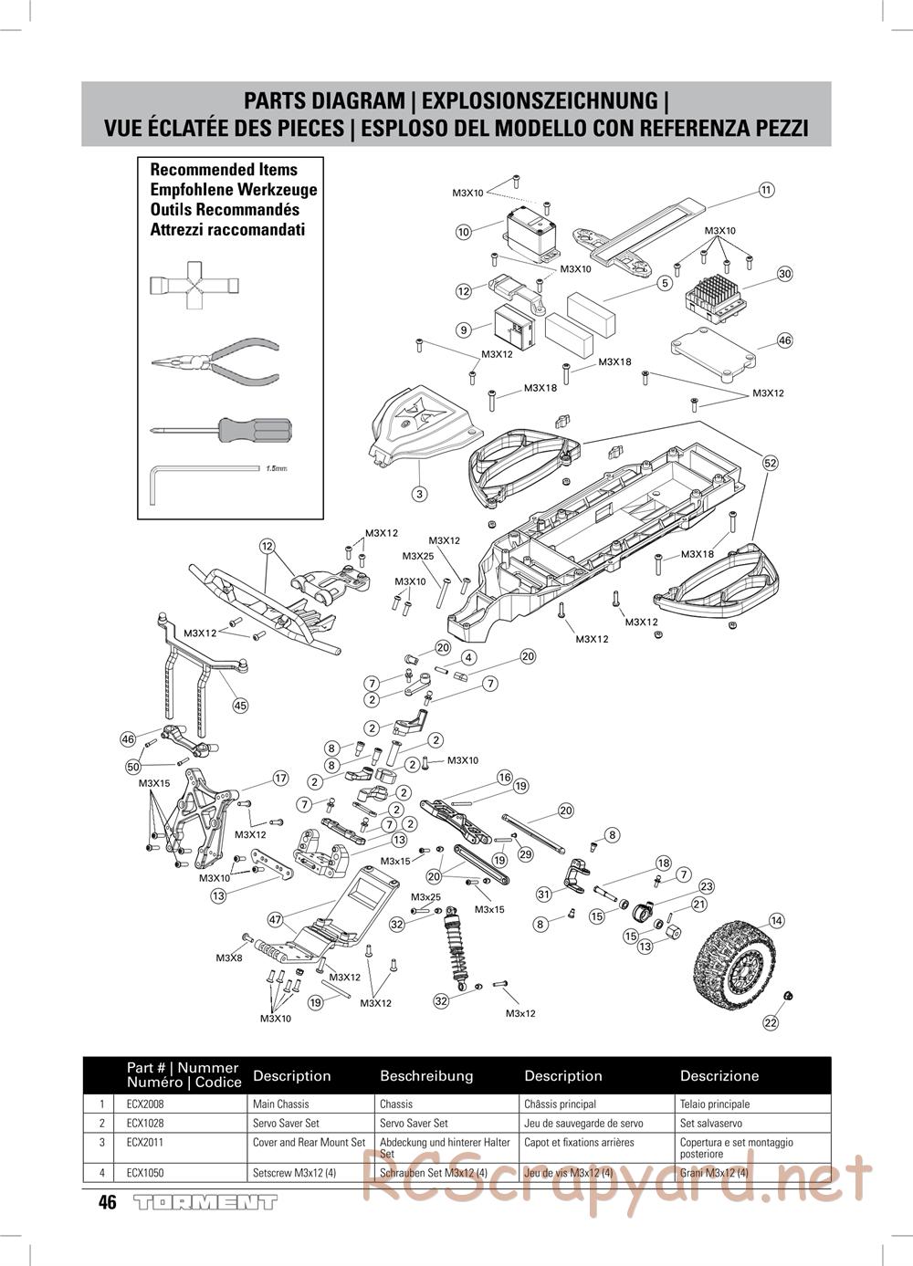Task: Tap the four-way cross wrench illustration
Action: tap(194, 285)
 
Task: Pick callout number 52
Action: tap(770, 463)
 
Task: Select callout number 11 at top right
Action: tap(766, 190)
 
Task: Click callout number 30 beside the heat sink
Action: tap(785, 274)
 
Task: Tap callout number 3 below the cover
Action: tap(419, 494)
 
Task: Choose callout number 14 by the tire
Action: tap(776, 921)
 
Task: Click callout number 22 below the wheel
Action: tap(771, 1022)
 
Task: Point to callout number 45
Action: tap(240, 705)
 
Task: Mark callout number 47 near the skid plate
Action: tap(276, 919)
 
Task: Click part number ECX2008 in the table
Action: tap(145, 1104)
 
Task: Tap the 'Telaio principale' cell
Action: tap(714, 1104)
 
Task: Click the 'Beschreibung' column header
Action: tap(426, 1075)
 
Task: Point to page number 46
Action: tap(108, 1203)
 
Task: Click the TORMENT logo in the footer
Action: tap(205, 1203)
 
